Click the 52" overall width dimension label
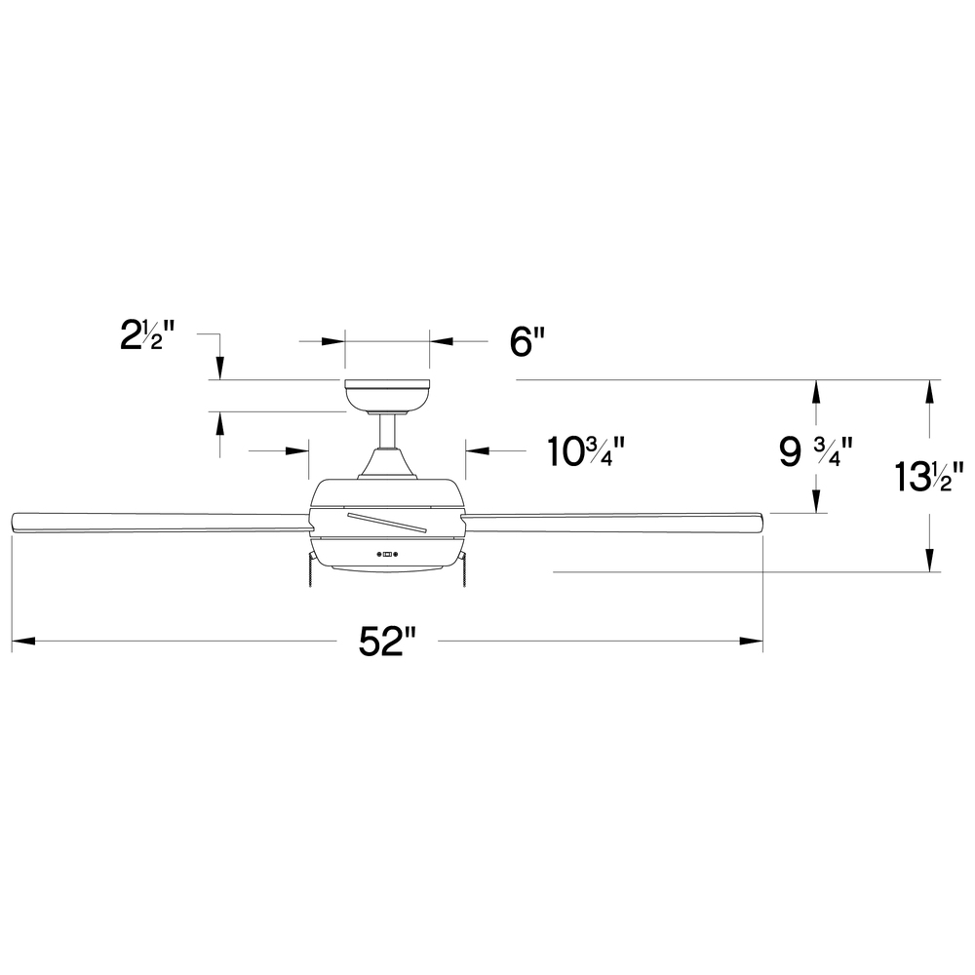pyautogui.click(x=386, y=642)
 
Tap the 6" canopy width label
pyautogui.click(x=527, y=342)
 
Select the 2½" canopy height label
pyautogui.click(x=147, y=337)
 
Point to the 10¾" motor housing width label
pyautogui.click(x=585, y=452)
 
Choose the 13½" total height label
pyautogui.click(x=928, y=478)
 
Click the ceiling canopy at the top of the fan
pyautogui.click(x=387, y=397)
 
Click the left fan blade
pyautogui.click(x=162, y=523)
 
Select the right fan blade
pyautogui.click(x=612, y=523)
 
